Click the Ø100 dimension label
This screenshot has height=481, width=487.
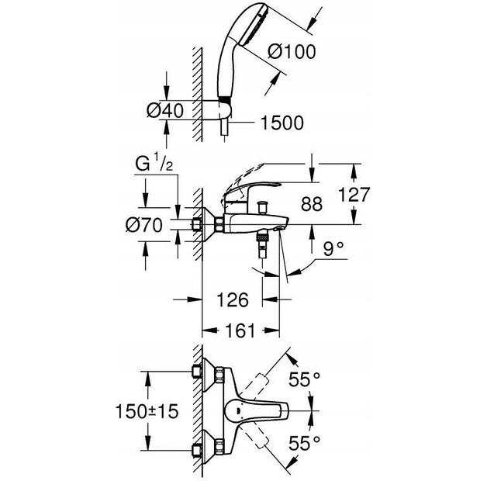(292, 51)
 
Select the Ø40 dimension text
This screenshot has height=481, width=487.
(165, 110)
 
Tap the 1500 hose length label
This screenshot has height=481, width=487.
(282, 123)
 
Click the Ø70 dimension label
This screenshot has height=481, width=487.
(144, 225)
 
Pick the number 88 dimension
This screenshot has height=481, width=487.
(312, 204)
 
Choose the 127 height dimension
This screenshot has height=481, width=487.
(354, 195)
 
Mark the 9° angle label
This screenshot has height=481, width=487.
(333, 248)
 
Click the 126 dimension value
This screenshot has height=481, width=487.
(233, 299)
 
